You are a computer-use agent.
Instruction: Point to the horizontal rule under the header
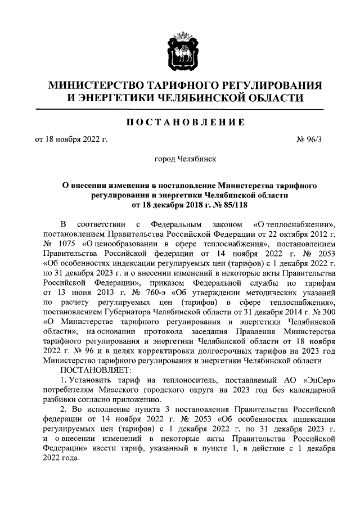point(180,109)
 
